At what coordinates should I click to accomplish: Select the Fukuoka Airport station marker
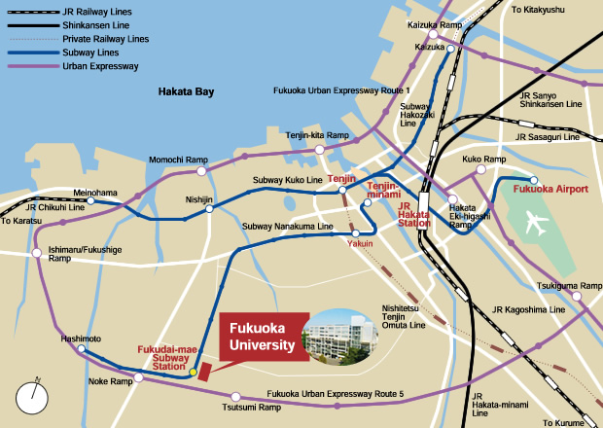click(x=533, y=180)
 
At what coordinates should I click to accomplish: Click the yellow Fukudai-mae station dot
click(x=193, y=372)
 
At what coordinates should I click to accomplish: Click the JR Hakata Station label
click(x=414, y=214)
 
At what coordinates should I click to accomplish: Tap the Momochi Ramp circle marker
click(x=201, y=171)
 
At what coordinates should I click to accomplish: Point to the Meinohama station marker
click(x=90, y=202)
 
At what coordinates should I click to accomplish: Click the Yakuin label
click(x=360, y=245)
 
